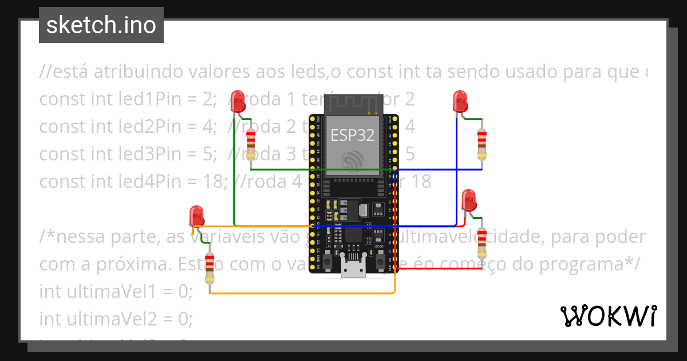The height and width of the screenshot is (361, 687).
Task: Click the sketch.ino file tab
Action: coord(101,25)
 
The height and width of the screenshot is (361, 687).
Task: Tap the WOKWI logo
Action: coord(608,316)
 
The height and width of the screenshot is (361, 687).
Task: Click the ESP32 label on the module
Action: coord(352,135)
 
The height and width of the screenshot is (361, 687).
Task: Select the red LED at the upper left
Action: coord(238,101)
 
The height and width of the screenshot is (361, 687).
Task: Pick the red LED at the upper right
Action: coord(460,101)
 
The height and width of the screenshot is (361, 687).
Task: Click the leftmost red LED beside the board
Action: coord(197,217)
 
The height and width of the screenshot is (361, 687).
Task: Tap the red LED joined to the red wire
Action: coord(469,200)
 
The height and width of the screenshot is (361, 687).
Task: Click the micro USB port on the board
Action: coord(353,267)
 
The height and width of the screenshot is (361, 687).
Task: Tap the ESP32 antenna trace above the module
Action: coord(353,104)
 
